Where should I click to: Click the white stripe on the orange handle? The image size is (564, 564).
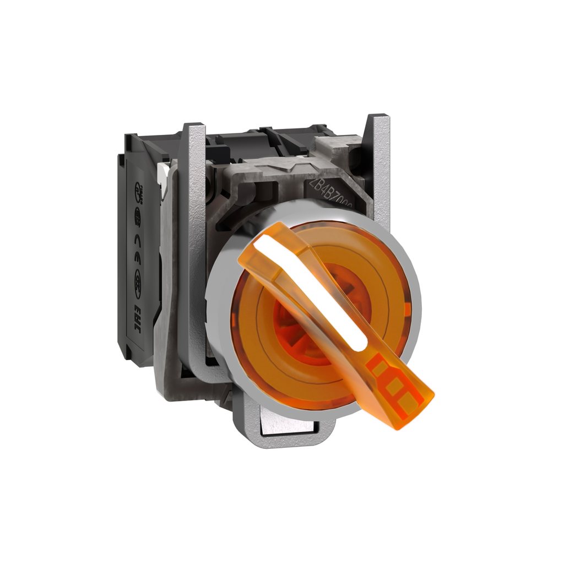(308, 289)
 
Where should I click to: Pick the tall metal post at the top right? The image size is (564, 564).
(378, 165)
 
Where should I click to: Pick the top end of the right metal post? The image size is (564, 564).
(378, 118)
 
